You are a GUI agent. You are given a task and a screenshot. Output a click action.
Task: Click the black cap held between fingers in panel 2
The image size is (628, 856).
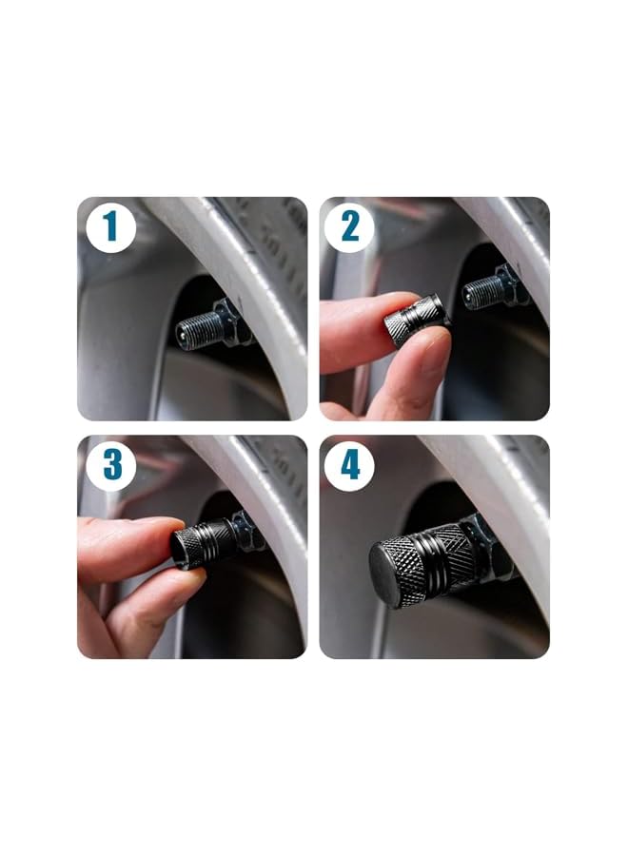417,321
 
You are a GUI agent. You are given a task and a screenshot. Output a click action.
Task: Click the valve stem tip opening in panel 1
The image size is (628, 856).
182,334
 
